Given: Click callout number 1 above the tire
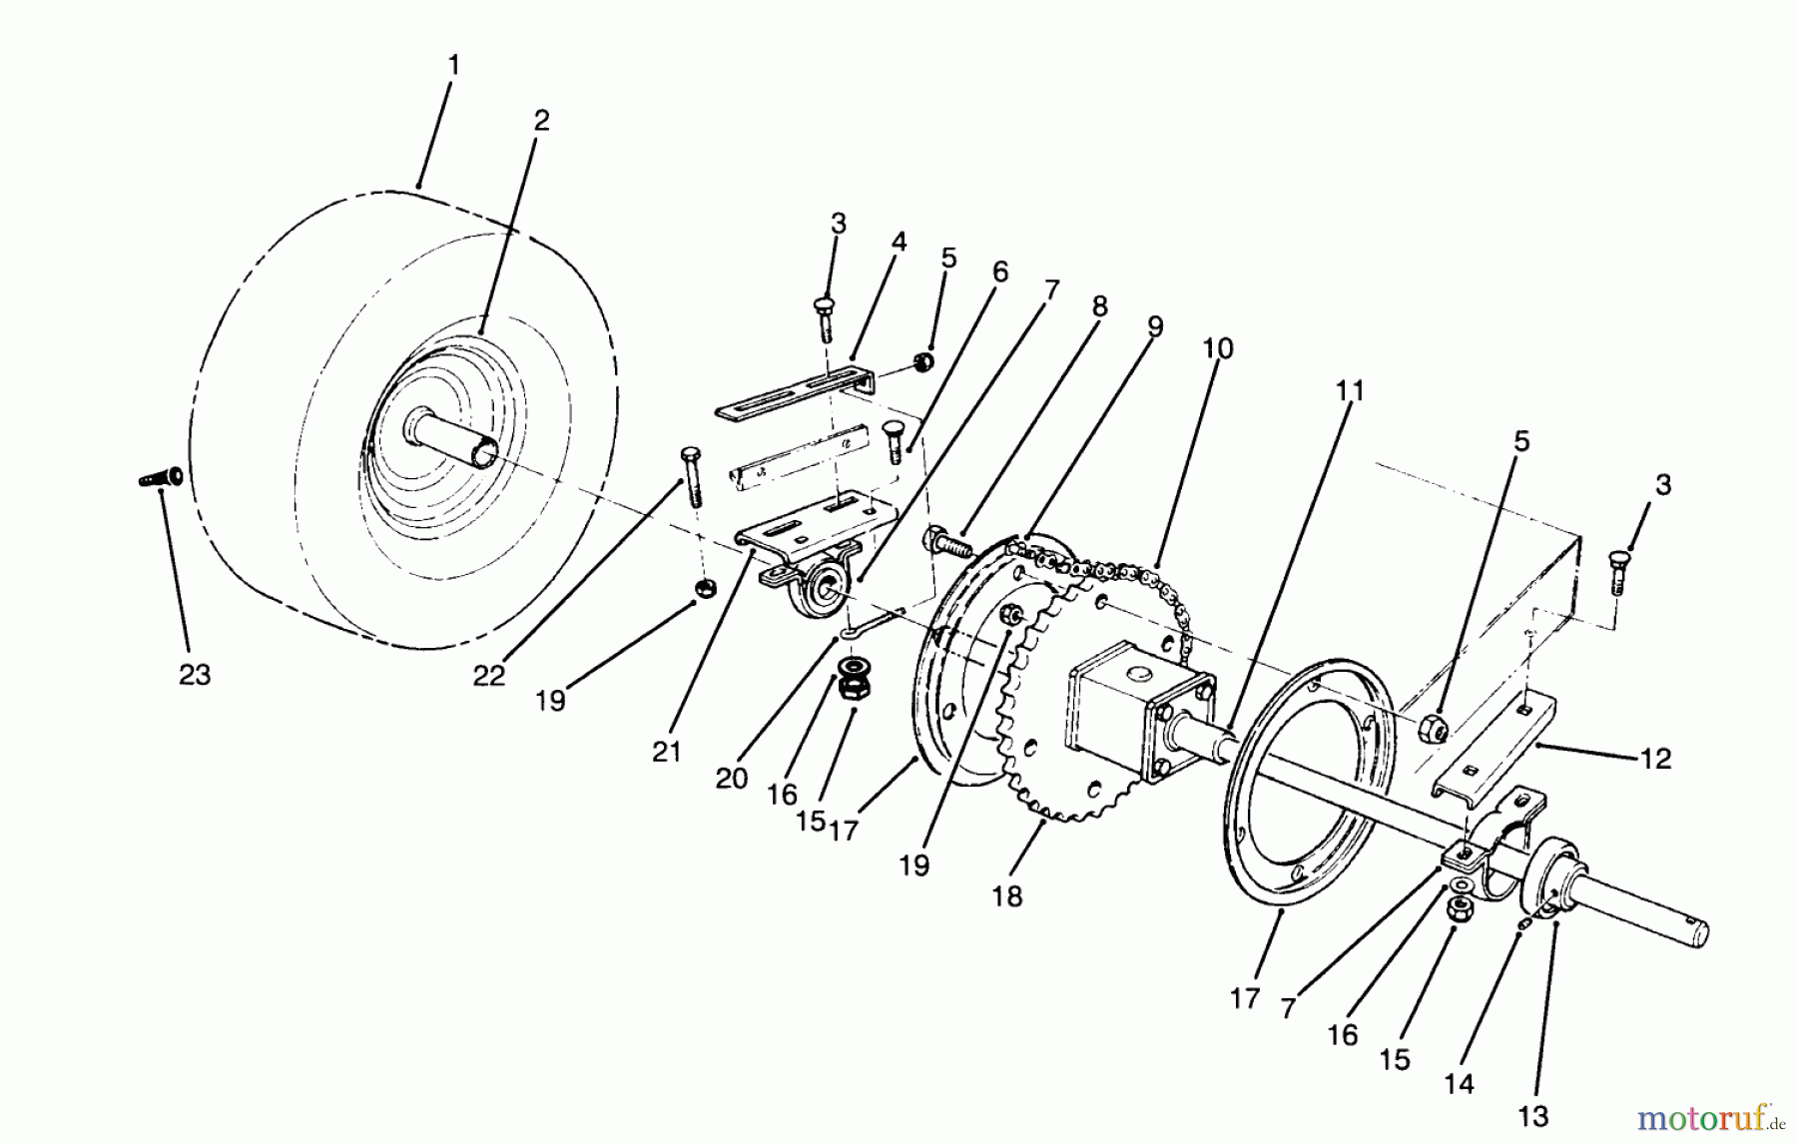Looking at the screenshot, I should (x=453, y=66).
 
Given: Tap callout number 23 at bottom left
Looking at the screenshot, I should (x=195, y=675).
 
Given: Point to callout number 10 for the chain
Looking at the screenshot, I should (x=1217, y=349).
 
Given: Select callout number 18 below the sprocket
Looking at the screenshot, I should (x=1007, y=896).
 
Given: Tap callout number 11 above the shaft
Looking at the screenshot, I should (x=1349, y=390).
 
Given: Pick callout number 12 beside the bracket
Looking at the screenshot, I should (x=1655, y=760).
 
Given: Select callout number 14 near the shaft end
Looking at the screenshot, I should (x=1459, y=1082).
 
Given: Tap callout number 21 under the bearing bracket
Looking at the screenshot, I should (x=666, y=752).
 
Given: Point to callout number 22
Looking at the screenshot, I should (x=488, y=676).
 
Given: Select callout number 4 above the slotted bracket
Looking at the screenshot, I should (x=898, y=242).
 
